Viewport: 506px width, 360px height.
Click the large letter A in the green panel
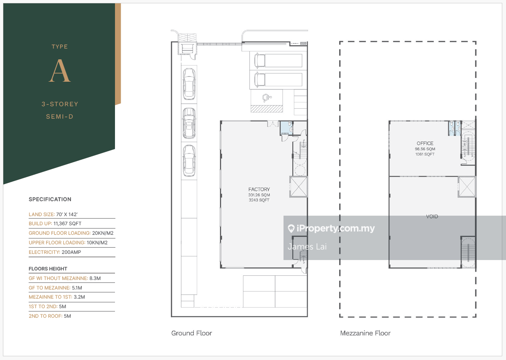tap(60, 71)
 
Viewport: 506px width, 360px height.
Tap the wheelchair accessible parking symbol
tap(267, 98)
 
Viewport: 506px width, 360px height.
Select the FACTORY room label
tap(259, 189)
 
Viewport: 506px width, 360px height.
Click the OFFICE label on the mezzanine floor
tap(425, 144)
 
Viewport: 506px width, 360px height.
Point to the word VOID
tap(432, 216)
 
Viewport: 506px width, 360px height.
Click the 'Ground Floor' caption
tap(191, 333)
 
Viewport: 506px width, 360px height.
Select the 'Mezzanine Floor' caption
tap(365, 333)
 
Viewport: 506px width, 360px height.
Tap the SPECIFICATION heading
tap(50, 199)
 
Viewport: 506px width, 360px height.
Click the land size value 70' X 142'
tap(67, 214)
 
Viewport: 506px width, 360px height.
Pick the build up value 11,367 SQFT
tap(67, 224)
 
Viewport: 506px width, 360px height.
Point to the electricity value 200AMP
tap(71, 252)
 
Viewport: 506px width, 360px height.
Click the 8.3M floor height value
tap(95, 278)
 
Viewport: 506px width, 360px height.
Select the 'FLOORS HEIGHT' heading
tap(48, 269)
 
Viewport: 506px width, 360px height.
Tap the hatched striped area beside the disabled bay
tap(266, 109)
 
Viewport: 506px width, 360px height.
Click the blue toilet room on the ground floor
tap(286, 128)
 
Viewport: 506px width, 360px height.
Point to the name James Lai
tap(307, 247)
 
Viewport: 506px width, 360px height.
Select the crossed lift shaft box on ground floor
tap(298, 187)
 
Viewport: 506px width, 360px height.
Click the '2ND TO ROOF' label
tap(45, 316)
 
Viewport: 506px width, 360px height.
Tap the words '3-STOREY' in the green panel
tap(60, 104)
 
